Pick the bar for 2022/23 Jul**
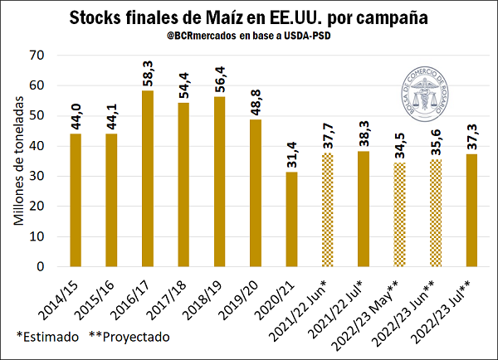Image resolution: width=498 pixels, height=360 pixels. pyautogui.click(x=472, y=211)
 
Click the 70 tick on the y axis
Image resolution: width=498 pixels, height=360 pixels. pyautogui.click(x=38, y=55)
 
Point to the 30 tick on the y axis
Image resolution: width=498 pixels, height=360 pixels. pyautogui.click(x=38, y=176)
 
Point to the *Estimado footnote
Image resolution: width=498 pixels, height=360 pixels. pyautogui.click(x=48, y=338)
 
